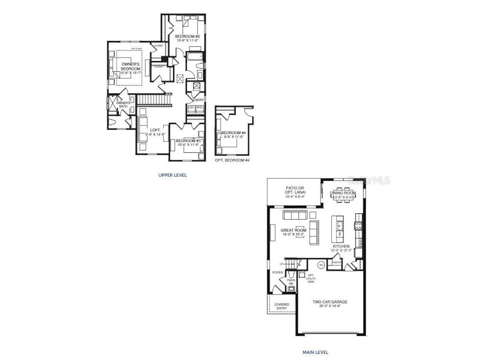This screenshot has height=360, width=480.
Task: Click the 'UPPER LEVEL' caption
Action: pyautogui.click(x=172, y=175)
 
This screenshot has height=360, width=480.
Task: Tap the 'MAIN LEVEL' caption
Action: pyautogui.click(x=315, y=352)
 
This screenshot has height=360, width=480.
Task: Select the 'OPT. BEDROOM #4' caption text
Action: pyautogui.click(x=232, y=160)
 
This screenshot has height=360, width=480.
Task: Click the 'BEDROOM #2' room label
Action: pyautogui.click(x=187, y=37)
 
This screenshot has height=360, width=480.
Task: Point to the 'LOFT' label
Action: pyautogui.click(x=155, y=130)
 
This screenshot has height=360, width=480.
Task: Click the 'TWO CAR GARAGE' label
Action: pyautogui.click(x=330, y=302)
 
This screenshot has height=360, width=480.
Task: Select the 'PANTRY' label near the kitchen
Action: pyautogui.click(x=337, y=262)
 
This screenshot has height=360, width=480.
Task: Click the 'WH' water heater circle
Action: pyautogui.click(x=322, y=265)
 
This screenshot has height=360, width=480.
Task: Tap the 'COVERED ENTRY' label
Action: pyautogui.click(x=282, y=306)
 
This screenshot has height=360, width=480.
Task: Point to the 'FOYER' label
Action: pyautogui.click(x=277, y=272)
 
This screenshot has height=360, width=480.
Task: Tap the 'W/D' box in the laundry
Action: pyautogui.click(x=199, y=107)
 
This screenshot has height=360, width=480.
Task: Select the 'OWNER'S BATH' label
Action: pyautogui.click(x=122, y=105)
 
